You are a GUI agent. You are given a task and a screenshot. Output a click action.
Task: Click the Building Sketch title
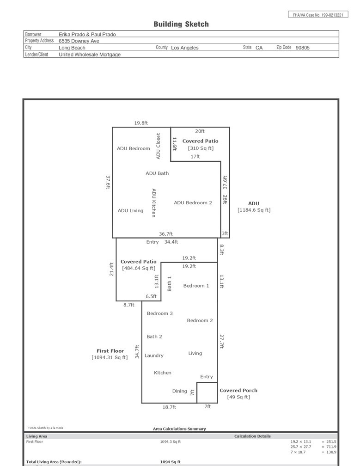click(x=181, y=24)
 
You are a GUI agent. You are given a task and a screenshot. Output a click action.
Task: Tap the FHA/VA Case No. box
click(x=318, y=15)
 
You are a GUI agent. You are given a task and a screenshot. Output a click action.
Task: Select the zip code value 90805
click(x=302, y=48)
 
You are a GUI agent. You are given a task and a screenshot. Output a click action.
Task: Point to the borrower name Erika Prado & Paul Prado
click(x=87, y=35)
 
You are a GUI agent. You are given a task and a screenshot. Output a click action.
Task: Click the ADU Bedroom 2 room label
click(x=193, y=202)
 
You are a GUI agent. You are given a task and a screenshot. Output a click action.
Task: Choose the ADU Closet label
click(x=158, y=146)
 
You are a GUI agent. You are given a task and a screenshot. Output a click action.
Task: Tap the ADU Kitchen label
click(x=154, y=203)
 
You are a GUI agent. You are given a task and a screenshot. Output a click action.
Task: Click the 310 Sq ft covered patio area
click(x=201, y=148)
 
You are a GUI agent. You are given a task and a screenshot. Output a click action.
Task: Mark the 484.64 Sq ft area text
click(x=139, y=268)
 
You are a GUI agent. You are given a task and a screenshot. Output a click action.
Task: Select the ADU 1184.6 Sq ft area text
click(x=254, y=210)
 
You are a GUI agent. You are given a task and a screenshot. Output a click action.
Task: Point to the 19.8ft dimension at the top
click(x=141, y=123)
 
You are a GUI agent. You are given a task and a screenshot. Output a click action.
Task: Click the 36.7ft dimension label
click(x=166, y=234)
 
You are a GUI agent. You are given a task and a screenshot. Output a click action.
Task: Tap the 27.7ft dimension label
click(x=221, y=342)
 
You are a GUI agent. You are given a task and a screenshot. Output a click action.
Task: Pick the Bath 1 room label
click(x=169, y=283)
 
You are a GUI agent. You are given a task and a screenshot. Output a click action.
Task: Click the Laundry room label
click(x=154, y=356)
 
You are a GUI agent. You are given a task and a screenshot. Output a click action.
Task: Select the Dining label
click(x=180, y=391)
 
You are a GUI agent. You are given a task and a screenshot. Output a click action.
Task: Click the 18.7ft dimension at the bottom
click(x=169, y=407)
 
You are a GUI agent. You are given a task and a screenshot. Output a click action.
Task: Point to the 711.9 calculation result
click(x=331, y=447)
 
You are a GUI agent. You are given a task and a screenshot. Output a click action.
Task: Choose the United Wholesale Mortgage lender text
click(x=90, y=55)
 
